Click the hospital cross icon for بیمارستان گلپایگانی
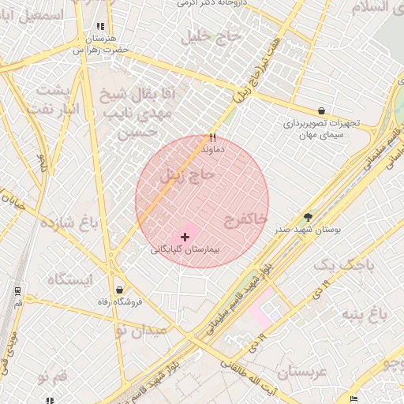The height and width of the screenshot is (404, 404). pyautogui.click(x=185, y=237)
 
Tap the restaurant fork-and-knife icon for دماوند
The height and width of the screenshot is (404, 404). pyautogui.click(x=212, y=137)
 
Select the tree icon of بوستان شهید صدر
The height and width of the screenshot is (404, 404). pyautogui.click(x=307, y=217)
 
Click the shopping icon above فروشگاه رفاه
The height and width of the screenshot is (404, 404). pyautogui.click(x=119, y=290)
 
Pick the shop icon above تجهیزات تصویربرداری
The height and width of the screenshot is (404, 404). pyautogui.click(x=321, y=110)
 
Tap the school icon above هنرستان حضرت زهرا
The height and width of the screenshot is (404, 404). pyautogui.click(x=99, y=26)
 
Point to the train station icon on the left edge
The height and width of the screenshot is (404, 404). pyautogui.click(x=17, y=290)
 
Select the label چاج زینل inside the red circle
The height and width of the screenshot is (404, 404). pyautogui.click(x=187, y=175)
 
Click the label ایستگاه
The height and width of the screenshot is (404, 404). pyautogui.click(x=69, y=279)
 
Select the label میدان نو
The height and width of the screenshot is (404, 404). pyautogui.click(x=141, y=329)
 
